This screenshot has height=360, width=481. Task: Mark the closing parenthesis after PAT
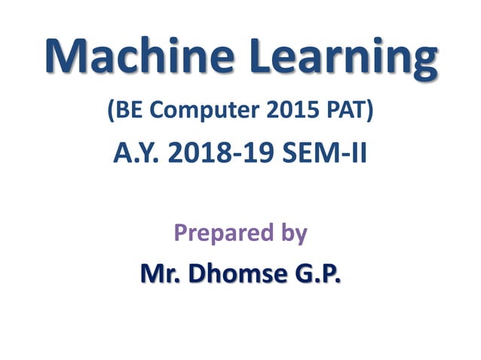click(x=369, y=112)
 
